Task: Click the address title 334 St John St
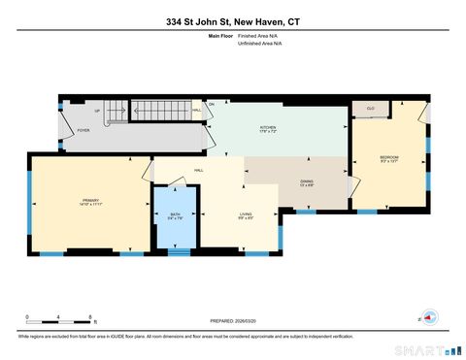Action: (x=232, y=20)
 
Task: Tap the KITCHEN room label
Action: (x=267, y=128)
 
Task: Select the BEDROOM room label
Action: (x=388, y=157)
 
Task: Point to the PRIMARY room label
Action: (x=91, y=201)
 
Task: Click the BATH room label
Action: (x=175, y=216)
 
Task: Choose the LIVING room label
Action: (x=247, y=215)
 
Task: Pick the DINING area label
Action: (x=306, y=182)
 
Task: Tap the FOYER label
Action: (x=83, y=129)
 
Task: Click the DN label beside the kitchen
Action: (x=211, y=104)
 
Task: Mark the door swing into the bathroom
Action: (x=186, y=199)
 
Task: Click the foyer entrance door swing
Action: (x=66, y=119)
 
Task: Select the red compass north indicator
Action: (x=427, y=315)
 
